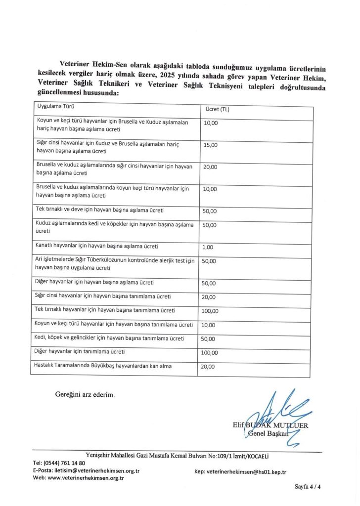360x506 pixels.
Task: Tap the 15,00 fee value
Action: tap(210, 145)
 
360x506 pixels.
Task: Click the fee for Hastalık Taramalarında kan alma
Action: tap(210, 367)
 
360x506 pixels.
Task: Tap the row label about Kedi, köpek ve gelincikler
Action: tap(110, 338)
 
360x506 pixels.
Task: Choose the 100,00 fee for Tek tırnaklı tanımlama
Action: tap(212, 311)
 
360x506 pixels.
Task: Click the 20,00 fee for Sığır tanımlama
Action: tap(210, 297)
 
